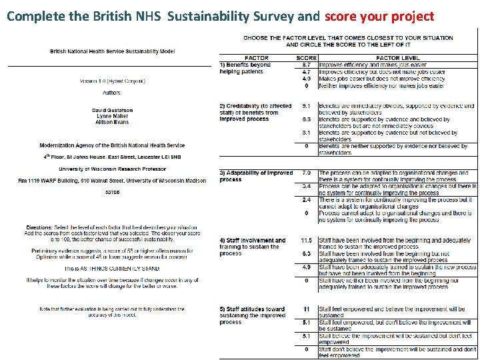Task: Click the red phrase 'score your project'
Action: (379, 16)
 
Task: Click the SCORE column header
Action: (306, 58)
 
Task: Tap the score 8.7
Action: (306, 65)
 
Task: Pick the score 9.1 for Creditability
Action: (306, 106)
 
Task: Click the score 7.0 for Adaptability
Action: (306, 173)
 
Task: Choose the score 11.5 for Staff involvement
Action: (306, 240)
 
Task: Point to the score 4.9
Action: (306, 267)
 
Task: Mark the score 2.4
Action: (306, 199)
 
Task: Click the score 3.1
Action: (306, 133)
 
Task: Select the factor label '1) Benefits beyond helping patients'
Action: (245, 68)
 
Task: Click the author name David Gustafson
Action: (112, 110)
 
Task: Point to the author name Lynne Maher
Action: (112, 116)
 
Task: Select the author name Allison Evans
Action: (112, 123)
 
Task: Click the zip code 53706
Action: (112, 192)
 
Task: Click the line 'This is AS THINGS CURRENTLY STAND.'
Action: (112, 268)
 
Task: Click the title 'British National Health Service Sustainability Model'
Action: (112, 52)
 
